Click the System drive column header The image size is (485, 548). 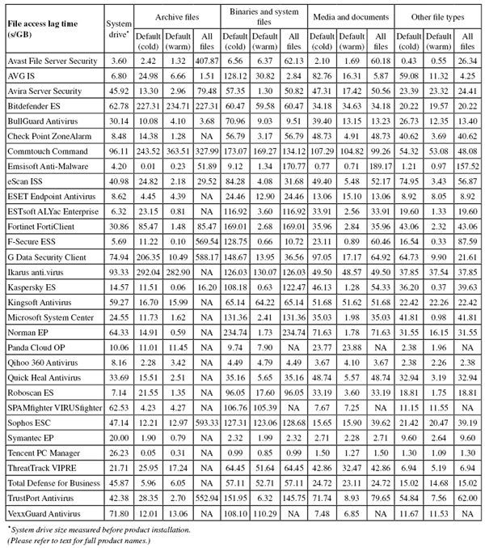pyautogui.click(x=119, y=27)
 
